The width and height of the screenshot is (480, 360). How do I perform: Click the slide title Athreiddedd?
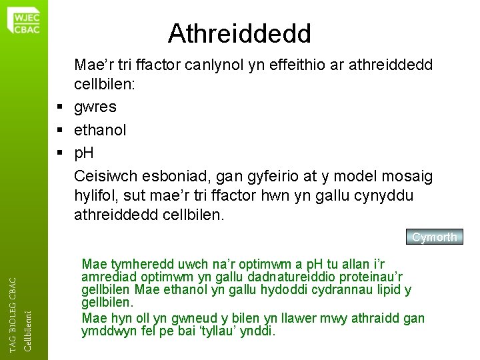239,31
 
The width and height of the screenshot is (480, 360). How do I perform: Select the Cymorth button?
434,237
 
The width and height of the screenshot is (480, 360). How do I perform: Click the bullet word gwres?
96,106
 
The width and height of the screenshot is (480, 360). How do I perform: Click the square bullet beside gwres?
60,107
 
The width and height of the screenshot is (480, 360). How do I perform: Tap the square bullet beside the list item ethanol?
60,130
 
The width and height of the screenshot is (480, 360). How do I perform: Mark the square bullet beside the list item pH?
60,153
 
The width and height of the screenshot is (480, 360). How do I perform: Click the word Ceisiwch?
104,176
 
